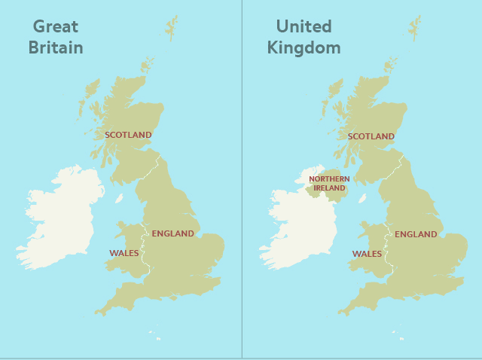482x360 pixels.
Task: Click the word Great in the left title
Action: (56, 27)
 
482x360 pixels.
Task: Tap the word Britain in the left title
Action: (56, 48)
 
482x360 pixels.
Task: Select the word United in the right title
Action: (304, 27)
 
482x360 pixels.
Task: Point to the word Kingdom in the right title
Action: (304, 48)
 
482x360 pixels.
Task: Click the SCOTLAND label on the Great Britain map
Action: (128, 135)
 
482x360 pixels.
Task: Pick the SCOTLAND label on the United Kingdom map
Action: (371, 136)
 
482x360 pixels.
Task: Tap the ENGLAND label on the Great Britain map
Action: (172, 233)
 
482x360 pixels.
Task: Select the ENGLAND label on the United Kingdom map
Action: (416, 234)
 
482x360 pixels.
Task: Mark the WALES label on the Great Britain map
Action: (124, 253)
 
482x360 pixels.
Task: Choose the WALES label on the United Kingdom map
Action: (367, 254)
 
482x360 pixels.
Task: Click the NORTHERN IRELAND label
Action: (329, 183)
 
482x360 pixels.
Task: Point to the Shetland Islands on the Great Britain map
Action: (172, 27)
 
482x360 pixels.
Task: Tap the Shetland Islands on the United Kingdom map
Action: (415, 28)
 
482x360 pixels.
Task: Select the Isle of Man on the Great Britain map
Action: (119, 198)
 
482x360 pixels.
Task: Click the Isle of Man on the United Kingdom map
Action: (362, 199)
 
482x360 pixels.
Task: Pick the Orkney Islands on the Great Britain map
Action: (146, 65)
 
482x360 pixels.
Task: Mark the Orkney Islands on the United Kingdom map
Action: (389, 66)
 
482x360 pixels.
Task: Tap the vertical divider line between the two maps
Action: (242, 181)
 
